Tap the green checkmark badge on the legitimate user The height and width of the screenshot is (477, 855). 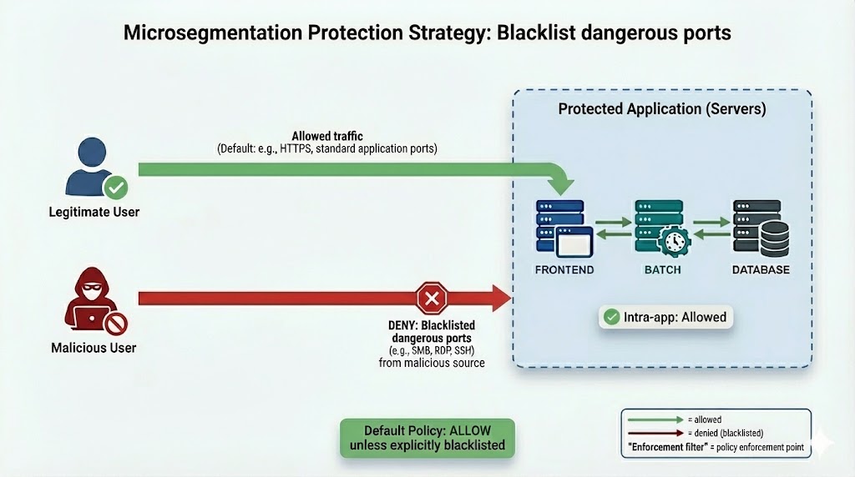pos(116,186)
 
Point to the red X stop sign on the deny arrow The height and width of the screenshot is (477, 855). pos(432,298)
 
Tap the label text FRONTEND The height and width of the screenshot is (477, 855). pos(564,270)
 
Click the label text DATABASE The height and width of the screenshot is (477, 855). pos(761,270)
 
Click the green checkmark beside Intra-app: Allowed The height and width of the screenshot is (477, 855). pos(611,317)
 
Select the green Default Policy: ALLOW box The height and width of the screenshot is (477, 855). pos(427,438)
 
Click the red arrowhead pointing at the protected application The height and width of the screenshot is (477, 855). pos(502,298)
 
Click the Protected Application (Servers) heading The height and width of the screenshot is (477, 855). pos(662,109)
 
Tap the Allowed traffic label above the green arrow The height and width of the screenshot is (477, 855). pos(327,136)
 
